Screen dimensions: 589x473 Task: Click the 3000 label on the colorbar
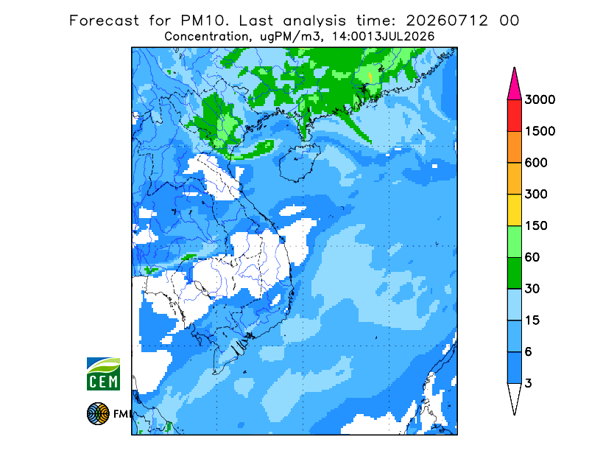coord(540,99)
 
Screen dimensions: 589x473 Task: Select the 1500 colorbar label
coord(540,131)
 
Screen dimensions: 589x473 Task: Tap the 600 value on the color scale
coord(536,163)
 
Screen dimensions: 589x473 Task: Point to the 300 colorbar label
coord(536,195)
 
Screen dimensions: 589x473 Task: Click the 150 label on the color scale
coord(536,225)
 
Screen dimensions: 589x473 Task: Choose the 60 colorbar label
coord(532,257)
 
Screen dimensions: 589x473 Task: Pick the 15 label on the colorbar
coord(532,320)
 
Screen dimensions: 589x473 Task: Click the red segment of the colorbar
coord(514,116)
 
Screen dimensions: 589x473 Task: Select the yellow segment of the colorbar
coord(514,210)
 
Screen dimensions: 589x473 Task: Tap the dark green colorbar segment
coord(514,273)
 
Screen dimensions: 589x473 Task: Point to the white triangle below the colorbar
coord(514,396)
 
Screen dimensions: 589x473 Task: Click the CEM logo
coord(103,374)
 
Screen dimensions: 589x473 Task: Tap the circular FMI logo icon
coord(98,413)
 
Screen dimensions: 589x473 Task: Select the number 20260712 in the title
coord(447,21)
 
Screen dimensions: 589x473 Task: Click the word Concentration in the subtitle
coord(207,37)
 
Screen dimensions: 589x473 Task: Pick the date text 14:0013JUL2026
coord(384,37)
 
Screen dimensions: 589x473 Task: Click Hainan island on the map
coord(300,164)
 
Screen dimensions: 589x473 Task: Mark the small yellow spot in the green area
coord(370,77)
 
